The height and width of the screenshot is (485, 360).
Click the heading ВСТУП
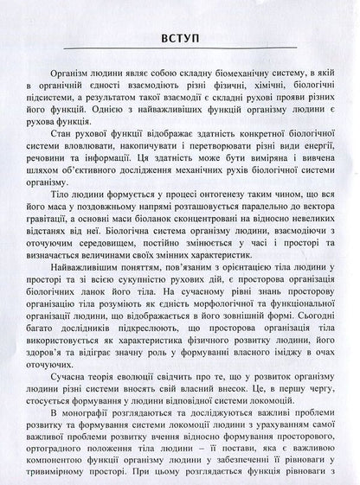pos(181,38)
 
